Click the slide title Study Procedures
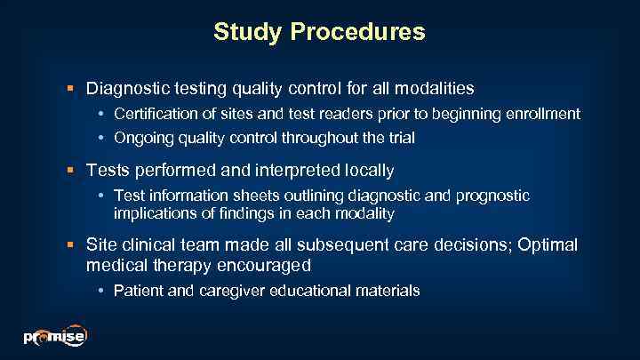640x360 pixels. [319, 33]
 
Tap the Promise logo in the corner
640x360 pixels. [54, 336]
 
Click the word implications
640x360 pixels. [150, 213]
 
